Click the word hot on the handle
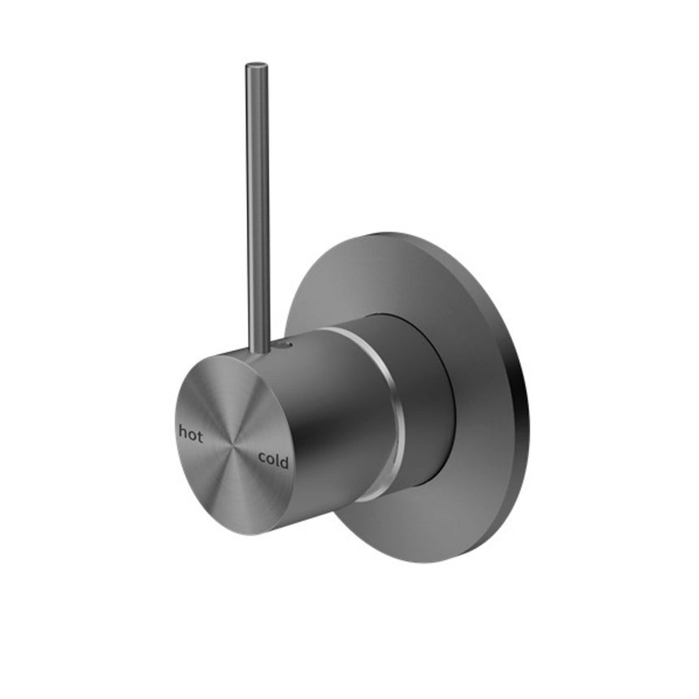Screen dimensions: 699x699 (x=191, y=433)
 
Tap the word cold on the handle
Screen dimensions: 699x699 (x=273, y=460)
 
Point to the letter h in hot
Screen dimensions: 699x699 (x=183, y=432)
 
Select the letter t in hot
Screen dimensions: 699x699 (x=200, y=434)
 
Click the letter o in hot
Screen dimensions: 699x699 (x=192, y=435)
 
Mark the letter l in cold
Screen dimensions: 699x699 (x=277, y=459)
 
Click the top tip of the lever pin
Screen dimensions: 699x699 (x=257, y=64)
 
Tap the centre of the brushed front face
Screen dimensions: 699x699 (x=234, y=445)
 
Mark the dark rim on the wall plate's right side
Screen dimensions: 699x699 (x=520, y=406)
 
